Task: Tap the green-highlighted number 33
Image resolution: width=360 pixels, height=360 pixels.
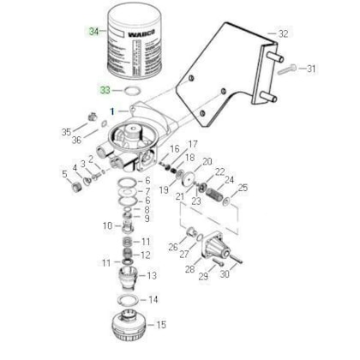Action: pyautogui.click(x=105, y=89)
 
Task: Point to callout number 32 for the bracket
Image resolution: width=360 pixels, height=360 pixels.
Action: pyautogui.click(x=284, y=33)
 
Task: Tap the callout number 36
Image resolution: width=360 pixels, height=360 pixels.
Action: pyautogui.click(x=77, y=141)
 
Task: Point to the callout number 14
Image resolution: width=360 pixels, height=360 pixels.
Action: pyautogui.click(x=153, y=299)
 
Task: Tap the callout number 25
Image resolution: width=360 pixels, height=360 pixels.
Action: pyautogui.click(x=243, y=187)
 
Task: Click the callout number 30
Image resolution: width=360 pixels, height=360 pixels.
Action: pyautogui.click(x=224, y=274)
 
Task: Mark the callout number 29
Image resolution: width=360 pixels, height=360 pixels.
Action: pyautogui.click(x=204, y=274)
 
